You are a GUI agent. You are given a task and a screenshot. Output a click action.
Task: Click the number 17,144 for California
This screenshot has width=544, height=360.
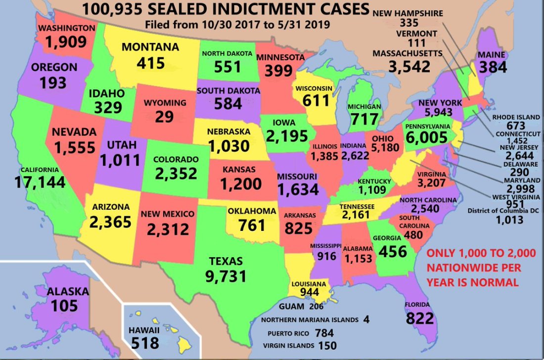click(x=40, y=182)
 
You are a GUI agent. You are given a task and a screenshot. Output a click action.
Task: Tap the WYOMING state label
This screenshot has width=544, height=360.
click(x=165, y=103)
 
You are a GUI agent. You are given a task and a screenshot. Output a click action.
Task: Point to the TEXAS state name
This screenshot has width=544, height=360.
click(x=226, y=261)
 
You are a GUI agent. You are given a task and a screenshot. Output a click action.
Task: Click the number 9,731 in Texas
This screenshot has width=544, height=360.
click(x=226, y=275)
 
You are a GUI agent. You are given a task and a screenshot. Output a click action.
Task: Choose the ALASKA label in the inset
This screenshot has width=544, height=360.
click(x=68, y=291)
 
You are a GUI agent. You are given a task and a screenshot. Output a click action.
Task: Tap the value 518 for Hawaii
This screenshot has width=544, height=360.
click(x=145, y=342)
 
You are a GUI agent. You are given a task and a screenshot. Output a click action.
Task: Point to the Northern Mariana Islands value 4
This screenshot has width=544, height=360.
click(x=366, y=320)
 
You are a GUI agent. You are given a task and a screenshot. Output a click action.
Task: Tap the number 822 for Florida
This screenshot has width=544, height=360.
click(x=420, y=318)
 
